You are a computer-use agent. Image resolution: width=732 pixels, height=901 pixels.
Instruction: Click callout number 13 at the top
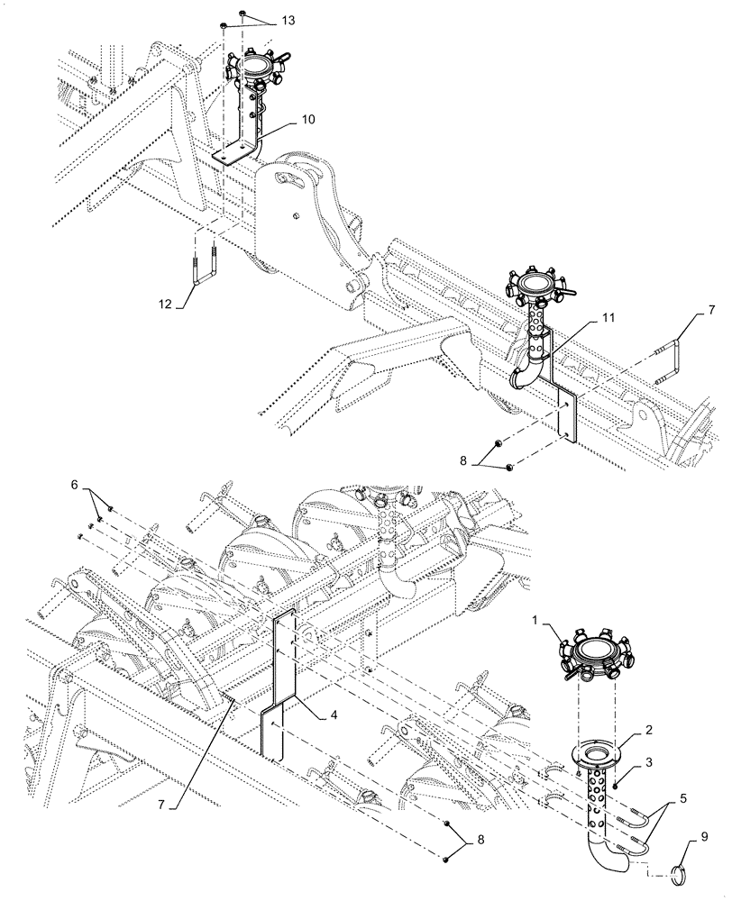[262, 21]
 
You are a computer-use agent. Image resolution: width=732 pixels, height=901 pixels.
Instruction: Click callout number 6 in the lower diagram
[75, 485]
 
